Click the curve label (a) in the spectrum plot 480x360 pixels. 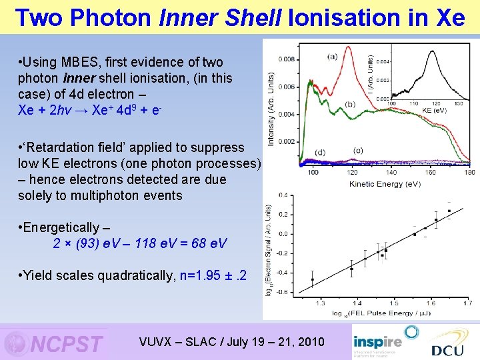coord(331,57)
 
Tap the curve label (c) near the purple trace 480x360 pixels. coord(359,150)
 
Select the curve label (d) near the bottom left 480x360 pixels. coord(320,153)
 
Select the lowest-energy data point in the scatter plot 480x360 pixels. coord(312,279)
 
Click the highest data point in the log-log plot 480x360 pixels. coord(449,211)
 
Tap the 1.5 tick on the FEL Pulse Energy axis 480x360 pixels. coord(393,303)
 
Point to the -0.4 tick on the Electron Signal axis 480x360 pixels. coord(283,272)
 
